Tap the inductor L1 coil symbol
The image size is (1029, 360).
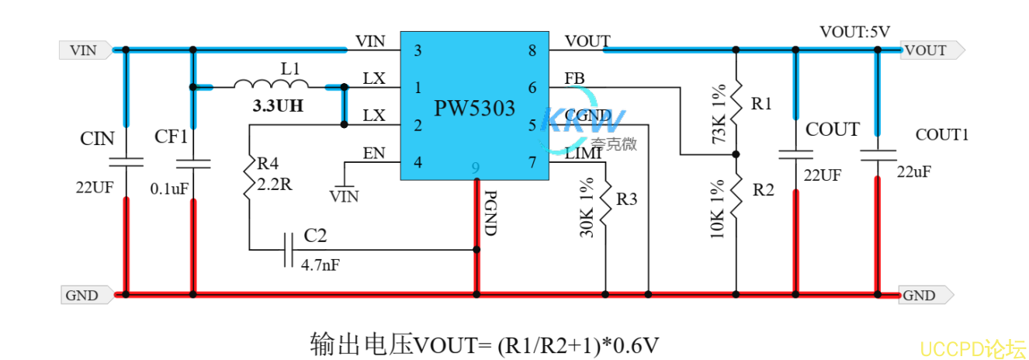click(x=271, y=85)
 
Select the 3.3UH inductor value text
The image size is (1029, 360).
click(x=278, y=107)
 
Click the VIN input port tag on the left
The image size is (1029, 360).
click(x=85, y=50)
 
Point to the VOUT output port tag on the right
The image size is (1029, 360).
click(x=928, y=50)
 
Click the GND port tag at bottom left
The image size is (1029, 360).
click(x=82, y=295)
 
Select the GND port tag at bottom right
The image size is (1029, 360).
click(x=921, y=295)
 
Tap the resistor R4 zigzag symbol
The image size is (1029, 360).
click(x=249, y=179)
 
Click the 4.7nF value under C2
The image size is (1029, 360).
click(x=319, y=265)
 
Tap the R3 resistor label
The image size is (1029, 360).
click(x=626, y=199)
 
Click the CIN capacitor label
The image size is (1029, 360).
click(x=98, y=139)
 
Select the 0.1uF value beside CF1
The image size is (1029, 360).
click(x=168, y=189)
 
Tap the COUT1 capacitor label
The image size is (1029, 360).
click(x=942, y=134)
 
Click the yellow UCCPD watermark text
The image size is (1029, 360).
click(x=973, y=347)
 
